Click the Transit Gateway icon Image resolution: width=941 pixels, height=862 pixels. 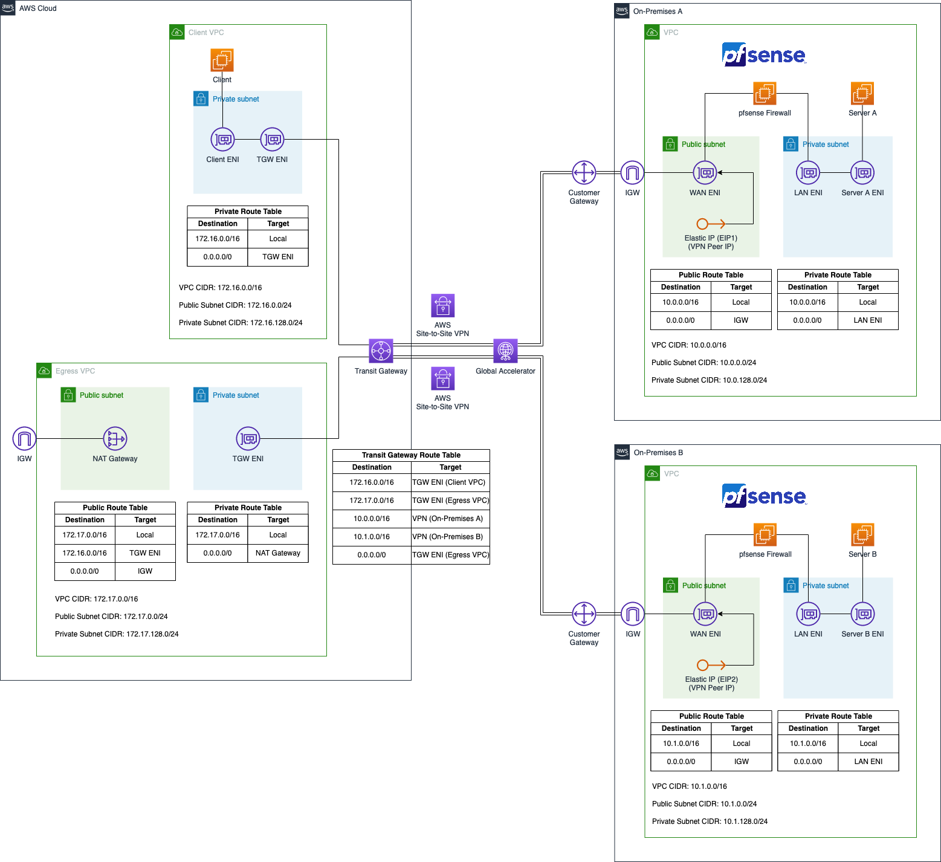click(x=381, y=351)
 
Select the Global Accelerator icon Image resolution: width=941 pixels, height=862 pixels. click(x=505, y=351)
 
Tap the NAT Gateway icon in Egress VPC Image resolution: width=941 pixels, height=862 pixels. click(x=115, y=438)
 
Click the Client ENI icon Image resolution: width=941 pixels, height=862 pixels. click(x=222, y=140)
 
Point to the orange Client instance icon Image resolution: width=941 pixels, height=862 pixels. click(x=222, y=60)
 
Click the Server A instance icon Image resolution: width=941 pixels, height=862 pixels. click(x=862, y=94)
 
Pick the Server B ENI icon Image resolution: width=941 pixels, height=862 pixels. click(x=862, y=614)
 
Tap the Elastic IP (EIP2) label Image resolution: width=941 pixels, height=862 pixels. click(x=711, y=684)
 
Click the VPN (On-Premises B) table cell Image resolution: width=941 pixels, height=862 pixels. click(x=450, y=537)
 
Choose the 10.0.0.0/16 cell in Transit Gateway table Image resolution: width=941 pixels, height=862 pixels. click(x=372, y=519)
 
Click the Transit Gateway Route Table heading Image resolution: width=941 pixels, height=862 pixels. click(x=411, y=455)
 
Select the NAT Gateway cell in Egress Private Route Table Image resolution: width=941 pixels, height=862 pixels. click(x=278, y=553)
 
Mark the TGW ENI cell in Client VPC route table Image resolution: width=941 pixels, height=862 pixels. click(x=278, y=257)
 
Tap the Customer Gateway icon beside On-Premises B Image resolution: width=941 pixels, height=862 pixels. click(x=584, y=614)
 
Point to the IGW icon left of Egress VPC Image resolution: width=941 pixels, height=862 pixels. click(x=24, y=438)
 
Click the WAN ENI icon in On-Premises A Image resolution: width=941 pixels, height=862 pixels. click(x=705, y=173)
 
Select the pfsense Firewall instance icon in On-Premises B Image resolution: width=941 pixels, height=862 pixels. click(x=765, y=535)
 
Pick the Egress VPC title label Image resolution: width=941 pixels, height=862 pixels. click(x=75, y=371)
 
